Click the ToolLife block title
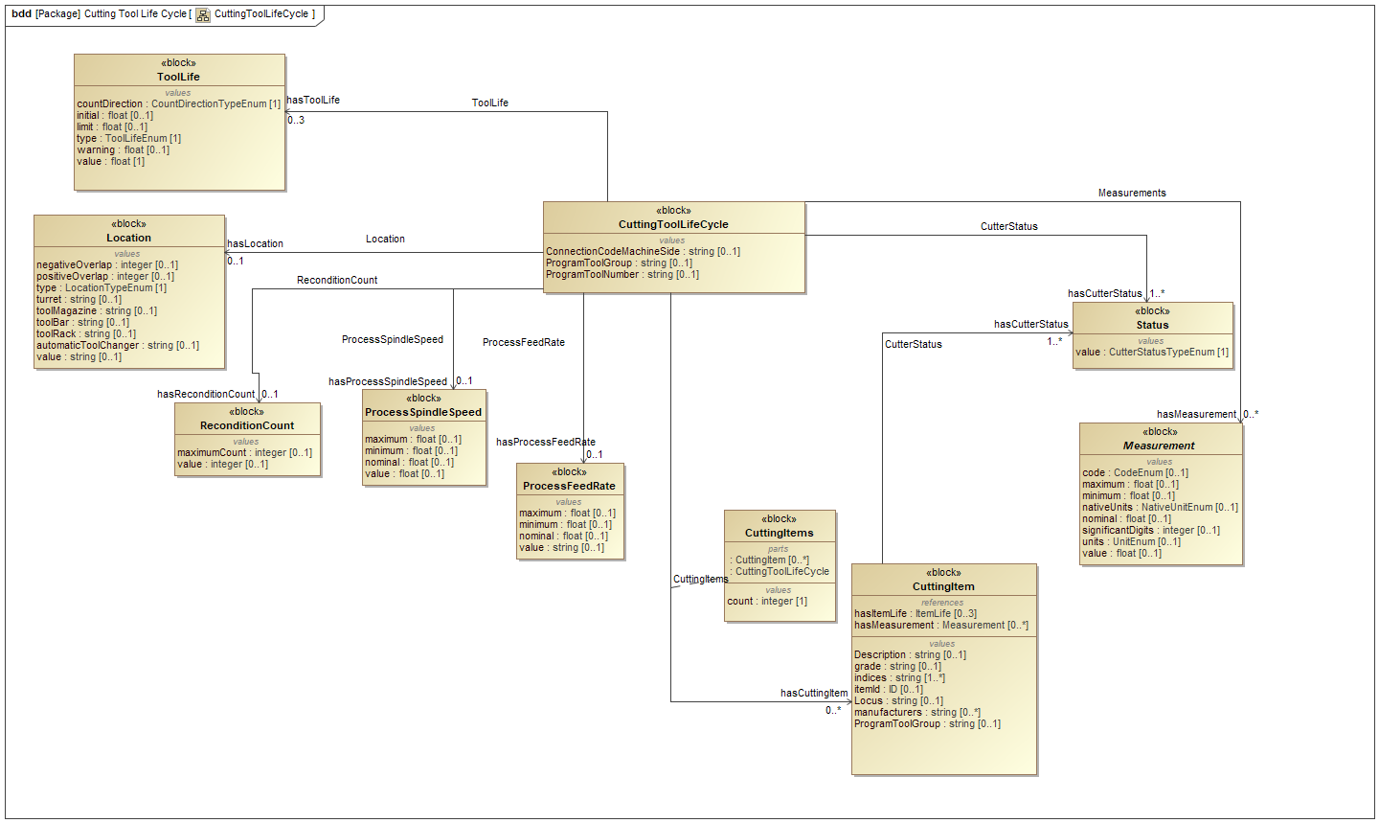179,77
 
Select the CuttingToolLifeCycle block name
673,224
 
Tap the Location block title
129,238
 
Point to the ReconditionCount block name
247,425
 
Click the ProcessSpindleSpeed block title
423,412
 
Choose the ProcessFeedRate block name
569,486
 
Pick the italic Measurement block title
1159,446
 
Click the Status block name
1152,325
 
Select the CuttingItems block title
779,533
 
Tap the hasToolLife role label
313,100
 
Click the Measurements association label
1132,193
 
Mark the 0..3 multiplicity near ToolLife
296,120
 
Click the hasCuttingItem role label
814,693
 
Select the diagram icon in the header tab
203,14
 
